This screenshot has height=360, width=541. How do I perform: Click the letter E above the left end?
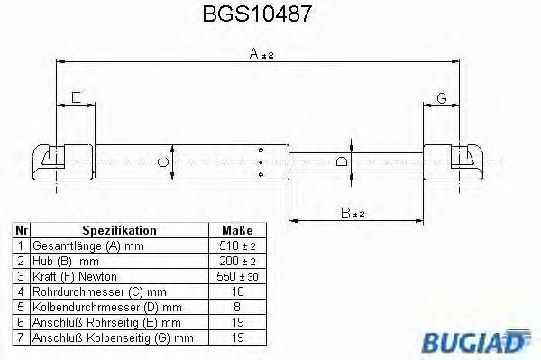pyautogui.click(x=76, y=97)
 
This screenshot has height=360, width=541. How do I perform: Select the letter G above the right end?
pyautogui.click(x=442, y=97)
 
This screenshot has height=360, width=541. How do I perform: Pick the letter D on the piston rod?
pyautogui.click(x=342, y=162)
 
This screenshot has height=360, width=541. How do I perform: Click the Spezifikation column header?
pyautogui.click(x=119, y=231)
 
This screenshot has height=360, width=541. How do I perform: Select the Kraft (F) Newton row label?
pyautogui.click(x=74, y=275)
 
